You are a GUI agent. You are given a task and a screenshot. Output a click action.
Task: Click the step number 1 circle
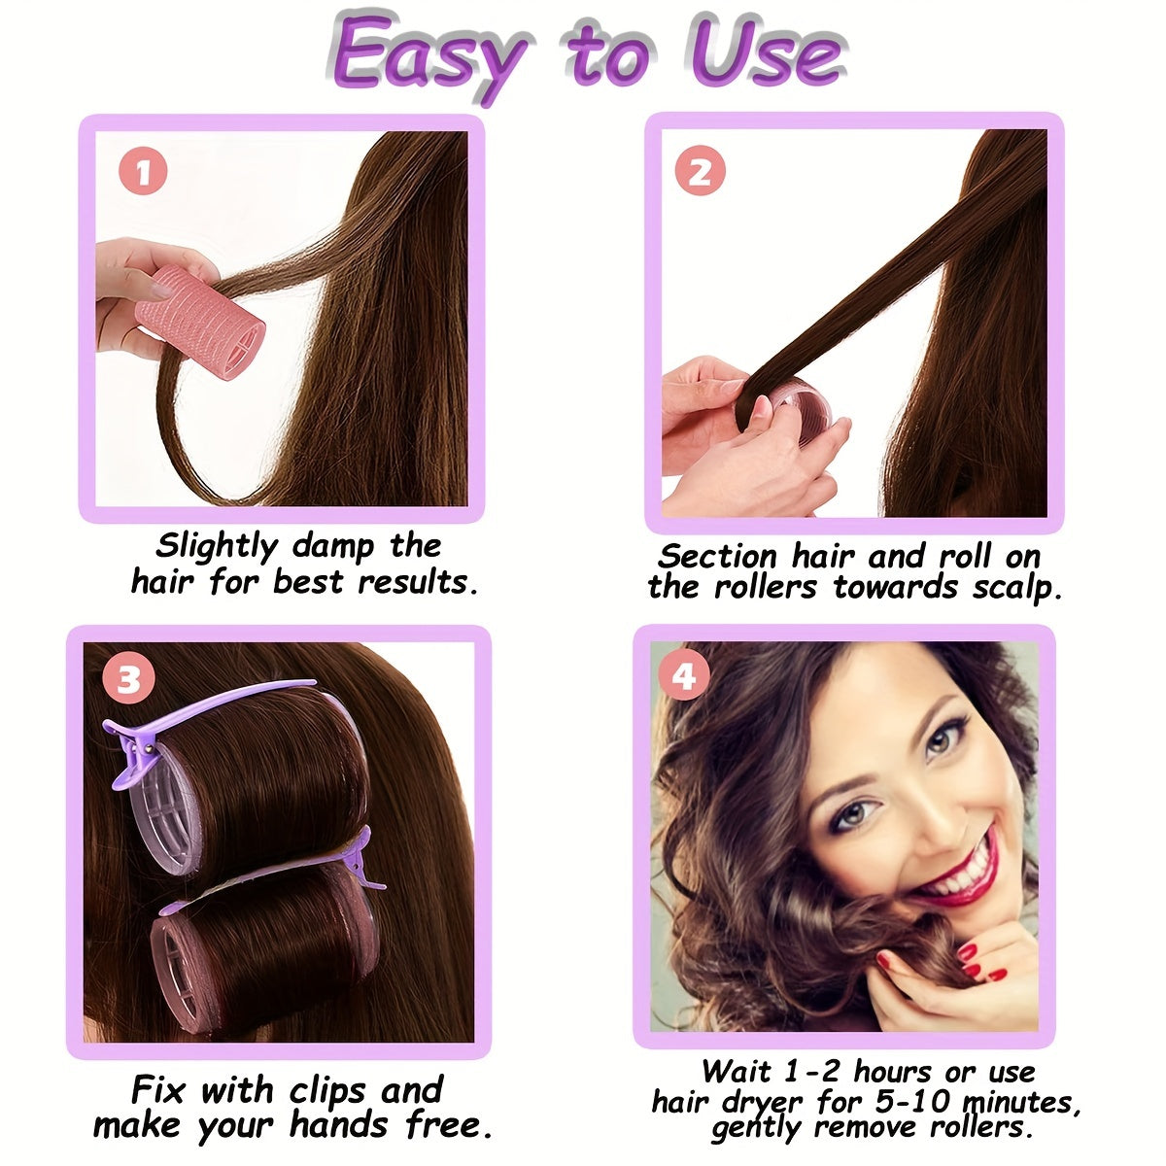(x=144, y=174)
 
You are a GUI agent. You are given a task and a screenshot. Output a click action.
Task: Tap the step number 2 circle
(x=700, y=172)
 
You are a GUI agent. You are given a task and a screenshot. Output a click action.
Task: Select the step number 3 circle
(x=129, y=679)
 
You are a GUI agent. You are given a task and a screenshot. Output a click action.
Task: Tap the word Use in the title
(x=768, y=53)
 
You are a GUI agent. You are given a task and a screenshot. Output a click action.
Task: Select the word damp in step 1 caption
(x=333, y=546)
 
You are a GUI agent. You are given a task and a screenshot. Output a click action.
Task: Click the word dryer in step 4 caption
(x=764, y=1104)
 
